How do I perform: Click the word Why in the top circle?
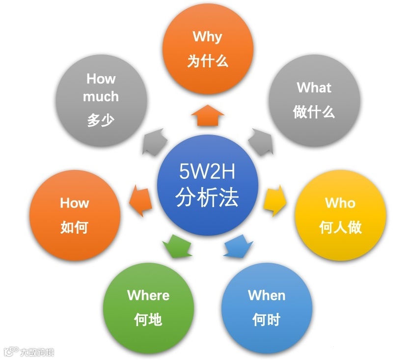point(207,37)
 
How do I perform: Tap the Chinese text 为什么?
point(208,61)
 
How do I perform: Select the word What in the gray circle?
point(314,88)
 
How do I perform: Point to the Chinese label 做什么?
point(314,112)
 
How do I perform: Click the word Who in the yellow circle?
point(340,203)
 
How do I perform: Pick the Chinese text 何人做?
point(340,227)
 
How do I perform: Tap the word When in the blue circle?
point(267,295)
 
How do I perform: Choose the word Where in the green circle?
point(148,295)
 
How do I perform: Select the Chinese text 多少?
point(101,120)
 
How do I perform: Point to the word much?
point(101,96)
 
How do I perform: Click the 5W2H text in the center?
point(207,173)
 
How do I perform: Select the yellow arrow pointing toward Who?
point(276,200)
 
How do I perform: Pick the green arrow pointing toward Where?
point(177,246)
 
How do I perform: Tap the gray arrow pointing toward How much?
point(153,142)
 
